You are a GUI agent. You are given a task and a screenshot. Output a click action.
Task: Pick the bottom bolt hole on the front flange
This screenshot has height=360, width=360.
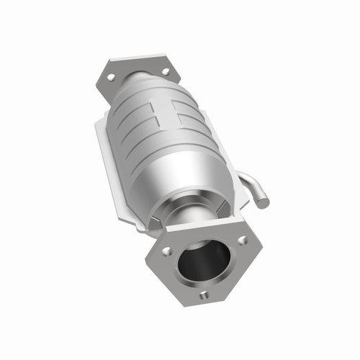pyautogui.click(x=204, y=294)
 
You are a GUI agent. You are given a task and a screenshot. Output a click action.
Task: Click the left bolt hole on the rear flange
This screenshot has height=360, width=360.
pyautogui.click(x=110, y=75)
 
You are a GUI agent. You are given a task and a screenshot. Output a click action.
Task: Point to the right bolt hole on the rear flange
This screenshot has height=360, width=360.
pyautogui.click(x=166, y=71)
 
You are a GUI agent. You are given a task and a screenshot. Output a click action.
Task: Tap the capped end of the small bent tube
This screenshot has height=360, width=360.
pyautogui.click(x=264, y=202)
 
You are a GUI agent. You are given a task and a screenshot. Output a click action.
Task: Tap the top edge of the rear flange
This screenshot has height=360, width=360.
pyautogui.click(x=137, y=57)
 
